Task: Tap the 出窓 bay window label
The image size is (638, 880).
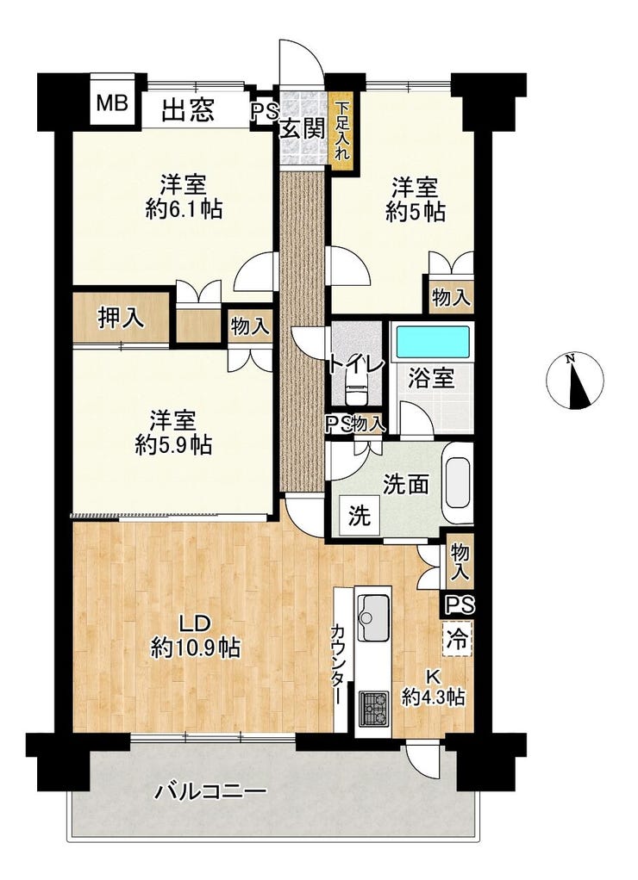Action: pyautogui.click(x=188, y=109)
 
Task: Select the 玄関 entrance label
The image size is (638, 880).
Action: pyautogui.click(x=303, y=130)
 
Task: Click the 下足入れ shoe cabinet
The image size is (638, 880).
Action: pyautogui.click(x=342, y=132)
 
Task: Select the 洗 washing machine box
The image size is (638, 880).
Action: pyautogui.click(x=360, y=515)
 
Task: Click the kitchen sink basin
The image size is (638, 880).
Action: pyautogui.click(x=373, y=617)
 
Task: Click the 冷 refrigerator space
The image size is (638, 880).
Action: pyautogui.click(x=457, y=639)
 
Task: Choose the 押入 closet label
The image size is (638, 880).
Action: pyautogui.click(x=121, y=319)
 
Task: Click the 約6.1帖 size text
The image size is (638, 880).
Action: pyautogui.click(x=184, y=210)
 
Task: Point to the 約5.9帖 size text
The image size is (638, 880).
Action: pyautogui.click(x=173, y=446)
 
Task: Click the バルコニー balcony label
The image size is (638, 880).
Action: pyautogui.click(x=210, y=793)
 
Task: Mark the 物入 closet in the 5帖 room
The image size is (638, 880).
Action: pyautogui.click(x=451, y=297)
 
